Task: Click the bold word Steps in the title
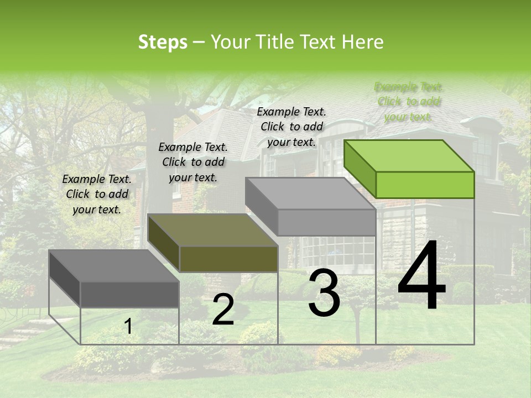(163, 42)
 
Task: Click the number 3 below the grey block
(324, 293)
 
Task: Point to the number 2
(223, 310)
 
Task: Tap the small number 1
(128, 326)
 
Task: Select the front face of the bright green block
(425, 185)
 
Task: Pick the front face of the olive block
(228, 259)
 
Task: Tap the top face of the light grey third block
(310, 193)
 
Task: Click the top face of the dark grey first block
(113, 266)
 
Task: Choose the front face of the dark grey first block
(129, 294)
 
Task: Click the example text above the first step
(97, 194)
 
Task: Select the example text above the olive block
(192, 162)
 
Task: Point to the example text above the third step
(291, 127)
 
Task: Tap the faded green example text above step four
(408, 101)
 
